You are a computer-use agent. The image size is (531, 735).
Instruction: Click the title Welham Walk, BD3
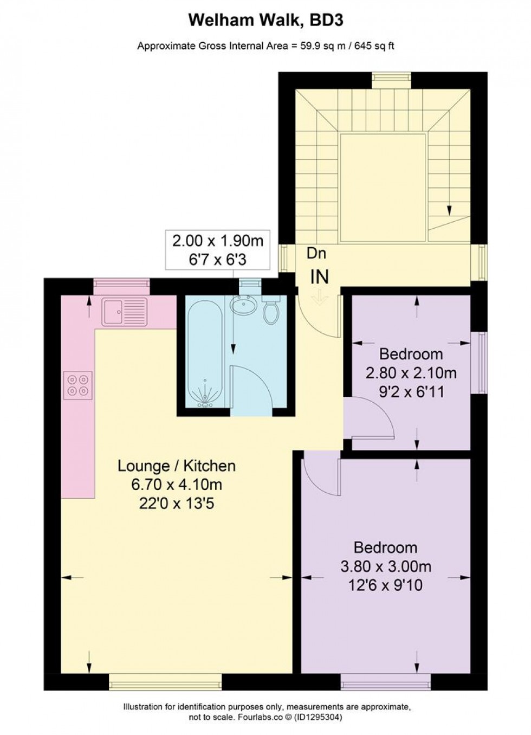point(265,21)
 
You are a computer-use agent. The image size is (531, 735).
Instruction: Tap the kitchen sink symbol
point(124,312)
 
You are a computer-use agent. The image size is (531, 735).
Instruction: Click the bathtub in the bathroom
point(204,352)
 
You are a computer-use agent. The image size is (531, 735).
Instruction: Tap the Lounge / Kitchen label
point(177,466)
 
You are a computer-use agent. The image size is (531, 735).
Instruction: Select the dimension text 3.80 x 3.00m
point(386,566)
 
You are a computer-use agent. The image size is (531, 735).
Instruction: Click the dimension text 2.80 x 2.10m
point(411,373)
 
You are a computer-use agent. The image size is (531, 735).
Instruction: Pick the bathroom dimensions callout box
point(217,250)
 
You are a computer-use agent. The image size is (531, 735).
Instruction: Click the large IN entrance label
point(319,277)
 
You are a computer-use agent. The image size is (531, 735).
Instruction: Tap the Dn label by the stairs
point(316,253)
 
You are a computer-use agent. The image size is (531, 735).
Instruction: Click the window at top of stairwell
point(391,80)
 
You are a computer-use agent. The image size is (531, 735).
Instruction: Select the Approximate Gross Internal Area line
point(265,46)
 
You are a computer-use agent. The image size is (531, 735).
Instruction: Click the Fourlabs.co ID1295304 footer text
point(265,717)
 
